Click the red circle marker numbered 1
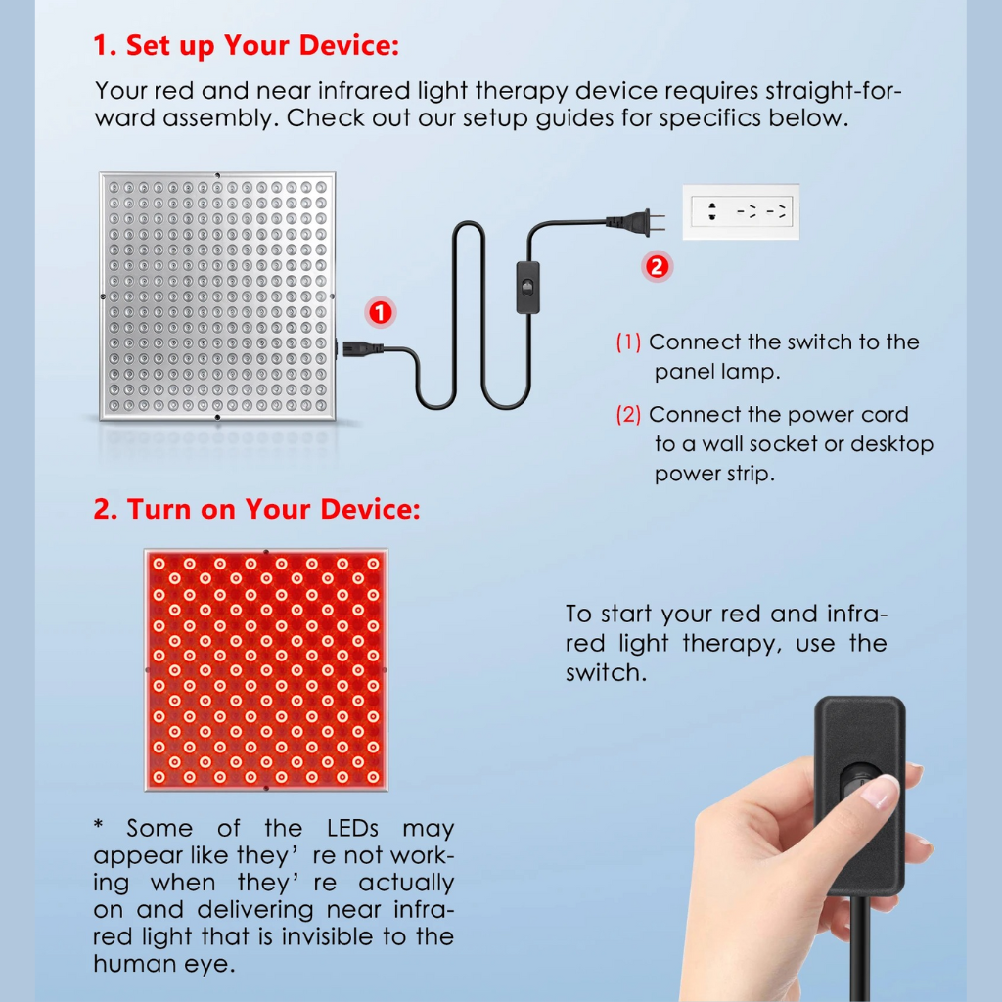[381, 313]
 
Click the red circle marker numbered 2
[657, 266]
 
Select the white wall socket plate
[741, 212]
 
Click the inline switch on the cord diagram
[527, 288]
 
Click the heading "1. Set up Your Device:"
[246, 45]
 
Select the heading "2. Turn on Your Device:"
[257, 509]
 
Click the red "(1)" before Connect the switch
[628, 342]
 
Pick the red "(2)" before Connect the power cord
[628, 415]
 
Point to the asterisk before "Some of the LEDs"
[99, 824]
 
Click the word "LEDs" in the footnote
[352, 828]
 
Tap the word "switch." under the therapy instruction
[606, 672]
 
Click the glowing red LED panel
[266, 669]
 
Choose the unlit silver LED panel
[217, 296]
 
